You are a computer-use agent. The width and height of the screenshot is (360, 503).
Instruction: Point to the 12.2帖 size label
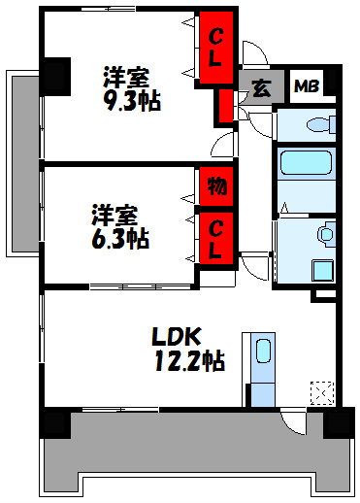[x=189, y=362]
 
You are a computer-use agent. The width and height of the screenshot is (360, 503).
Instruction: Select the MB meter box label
[x=306, y=85]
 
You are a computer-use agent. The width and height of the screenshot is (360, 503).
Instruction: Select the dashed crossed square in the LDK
[x=322, y=393]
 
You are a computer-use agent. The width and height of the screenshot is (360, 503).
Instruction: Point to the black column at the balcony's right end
[x=337, y=422]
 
